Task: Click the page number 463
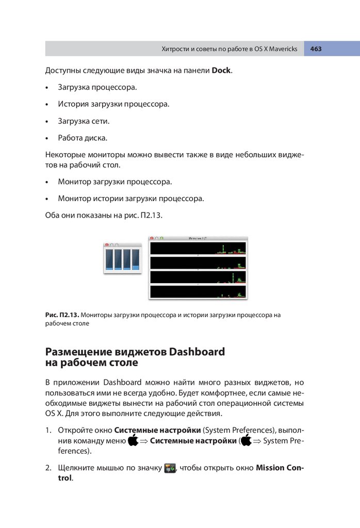pos(316,49)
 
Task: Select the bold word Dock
pos(221,70)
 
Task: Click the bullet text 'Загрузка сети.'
pos(84,121)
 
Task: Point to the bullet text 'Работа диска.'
pos(83,138)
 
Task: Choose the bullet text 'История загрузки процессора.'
pos(113,104)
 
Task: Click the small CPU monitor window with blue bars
pos(122,259)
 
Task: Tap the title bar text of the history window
pos(198,239)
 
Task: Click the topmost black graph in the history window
pos(198,248)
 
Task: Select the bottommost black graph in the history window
pos(198,292)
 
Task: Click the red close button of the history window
pos(152,239)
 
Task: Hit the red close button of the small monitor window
pos(107,245)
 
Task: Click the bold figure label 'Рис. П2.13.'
pos(62,315)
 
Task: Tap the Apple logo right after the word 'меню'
pos(133,441)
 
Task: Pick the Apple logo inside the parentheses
pos(246,441)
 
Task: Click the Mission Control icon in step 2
pos(170,469)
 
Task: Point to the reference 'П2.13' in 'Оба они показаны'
pos(151,215)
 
